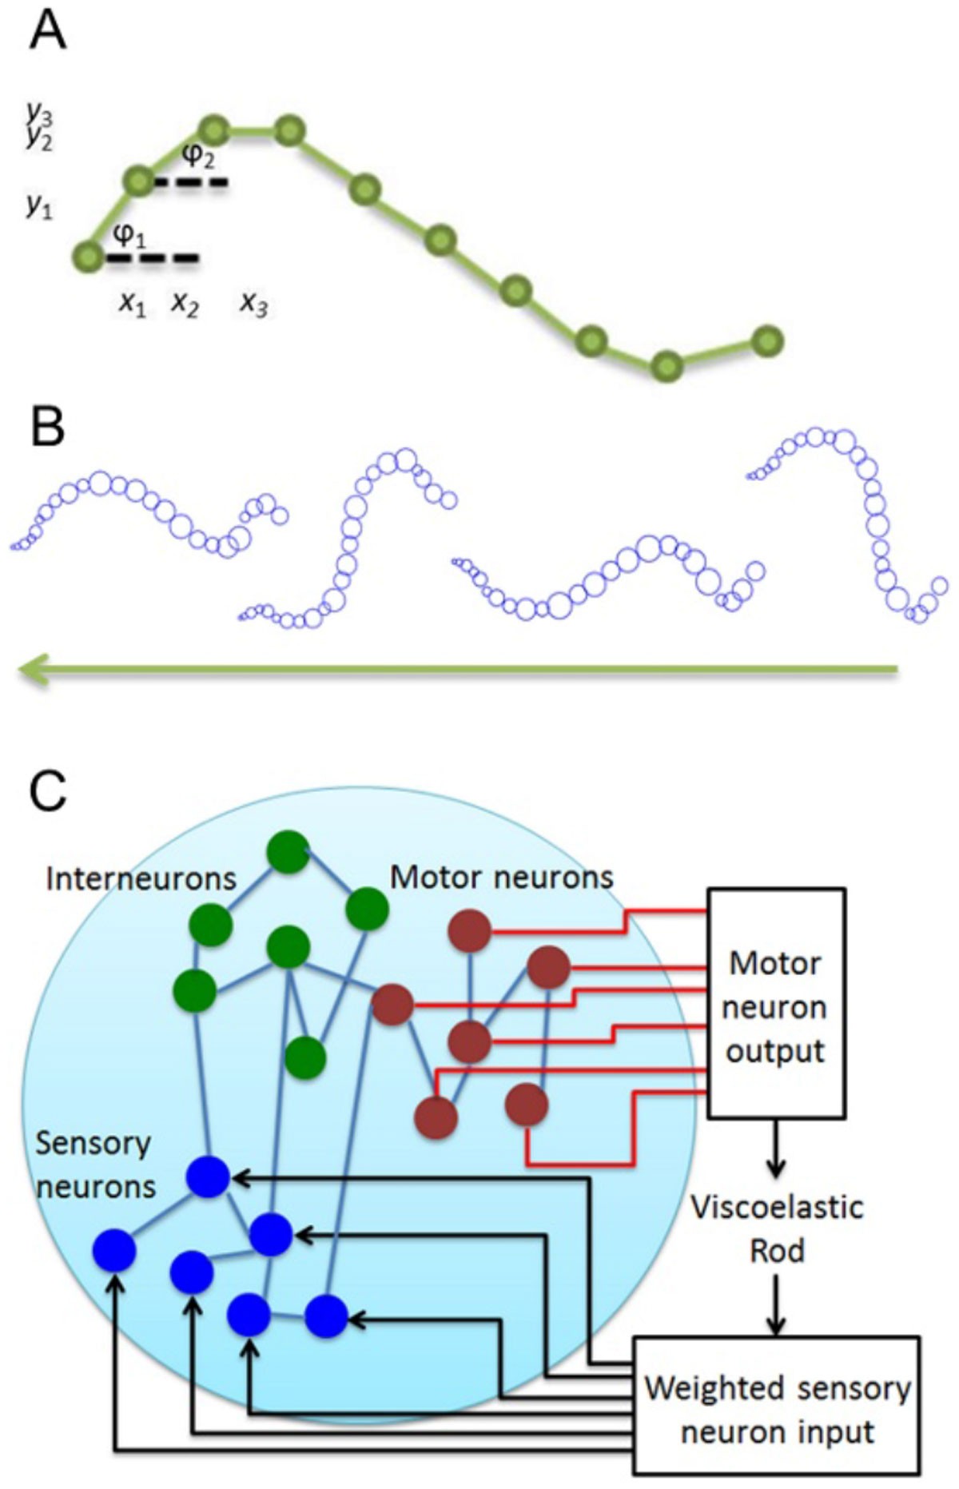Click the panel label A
pos(47,33)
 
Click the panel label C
pos(47,791)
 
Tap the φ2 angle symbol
pos(198,156)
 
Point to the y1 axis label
pos(38,207)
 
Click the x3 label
pos(254,304)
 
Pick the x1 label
pos(133,304)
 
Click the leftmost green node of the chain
pos(88,257)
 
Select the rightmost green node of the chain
pos(767,341)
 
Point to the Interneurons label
pos(141,879)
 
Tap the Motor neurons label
pos(501,877)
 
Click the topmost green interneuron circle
pos(288,851)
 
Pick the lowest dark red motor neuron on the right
pos(527,1105)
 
